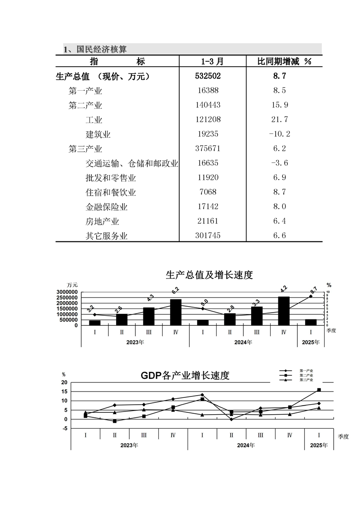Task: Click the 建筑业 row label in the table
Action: point(98,134)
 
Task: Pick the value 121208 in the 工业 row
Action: point(208,120)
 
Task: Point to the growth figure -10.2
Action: point(279,134)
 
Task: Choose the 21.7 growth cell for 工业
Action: point(279,120)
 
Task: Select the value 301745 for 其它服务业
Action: point(208,236)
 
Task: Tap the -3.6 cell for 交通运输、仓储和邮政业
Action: point(279,163)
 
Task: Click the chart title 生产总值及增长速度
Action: point(209,274)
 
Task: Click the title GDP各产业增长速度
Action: point(185,376)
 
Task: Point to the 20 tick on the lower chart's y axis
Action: point(64,382)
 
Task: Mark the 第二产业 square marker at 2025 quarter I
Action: point(319,390)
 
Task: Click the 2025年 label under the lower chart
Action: point(319,445)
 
